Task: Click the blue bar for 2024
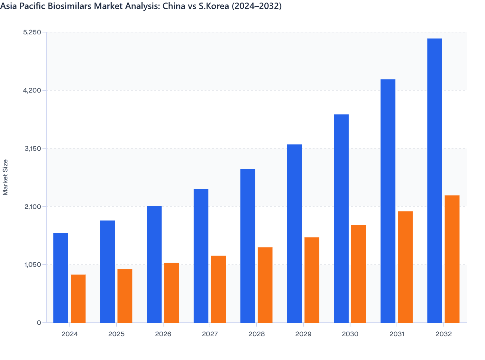[x=61, y=278]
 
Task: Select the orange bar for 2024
[x=78, y=299]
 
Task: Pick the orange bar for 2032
[x=452, y=259]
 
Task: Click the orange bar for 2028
[x=265, y=285]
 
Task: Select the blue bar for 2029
[x=294, y=233]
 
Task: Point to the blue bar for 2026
[x=154, y=264]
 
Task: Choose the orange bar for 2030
[x=359, y=274]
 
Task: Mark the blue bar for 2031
[x=388, y=201]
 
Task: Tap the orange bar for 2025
[x=125, y=296]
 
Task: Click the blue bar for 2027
[x=201, y=256]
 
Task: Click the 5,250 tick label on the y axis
[x=32, y=32]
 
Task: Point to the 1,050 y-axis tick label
[x=32, y=265]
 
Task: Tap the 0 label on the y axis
[x=39, y=323]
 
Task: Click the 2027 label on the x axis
[x=210, y=334]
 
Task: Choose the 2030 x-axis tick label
[x=350, y=334]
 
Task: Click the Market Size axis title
[x=5, y=177]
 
